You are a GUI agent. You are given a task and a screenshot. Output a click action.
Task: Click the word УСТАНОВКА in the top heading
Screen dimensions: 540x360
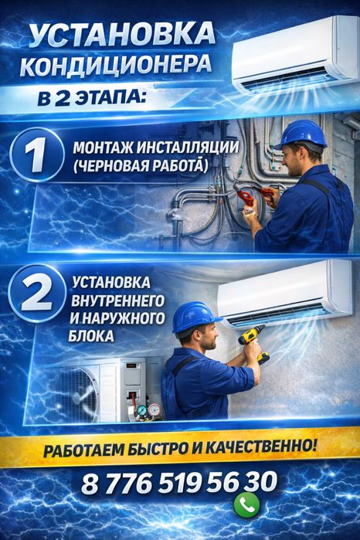119,34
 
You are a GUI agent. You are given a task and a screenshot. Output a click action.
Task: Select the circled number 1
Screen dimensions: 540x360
35,155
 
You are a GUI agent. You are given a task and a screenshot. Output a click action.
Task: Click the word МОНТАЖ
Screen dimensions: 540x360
100,148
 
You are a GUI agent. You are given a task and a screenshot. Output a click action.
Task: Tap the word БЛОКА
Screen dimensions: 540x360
93,337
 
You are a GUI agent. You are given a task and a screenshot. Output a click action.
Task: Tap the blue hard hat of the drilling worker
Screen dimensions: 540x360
195,315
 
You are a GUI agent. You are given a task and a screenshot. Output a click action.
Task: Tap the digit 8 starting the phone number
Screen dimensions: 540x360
90,483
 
